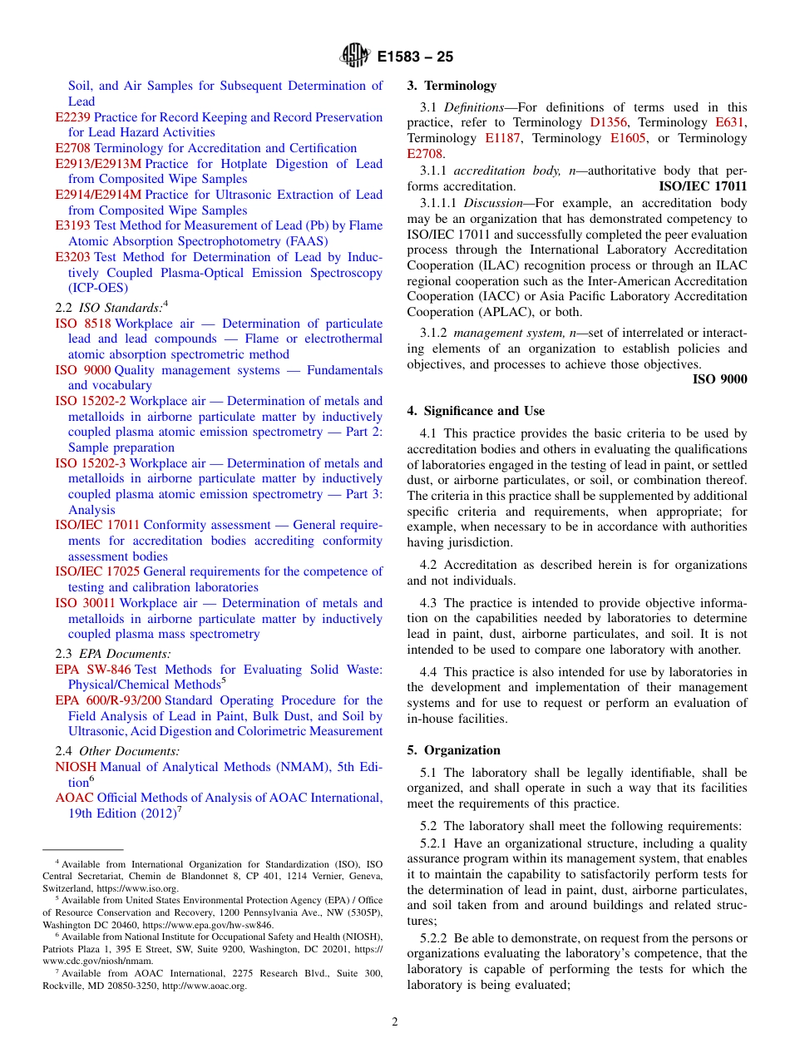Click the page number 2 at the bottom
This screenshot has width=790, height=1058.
point(395,1022)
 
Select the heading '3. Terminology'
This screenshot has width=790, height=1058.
point(452,86)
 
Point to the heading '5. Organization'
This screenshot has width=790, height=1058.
point(453,750)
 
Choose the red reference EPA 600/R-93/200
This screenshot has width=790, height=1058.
point(108,700)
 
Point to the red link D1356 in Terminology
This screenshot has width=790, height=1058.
point(609,122)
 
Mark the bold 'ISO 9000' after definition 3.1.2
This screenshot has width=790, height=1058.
point(719,379)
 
